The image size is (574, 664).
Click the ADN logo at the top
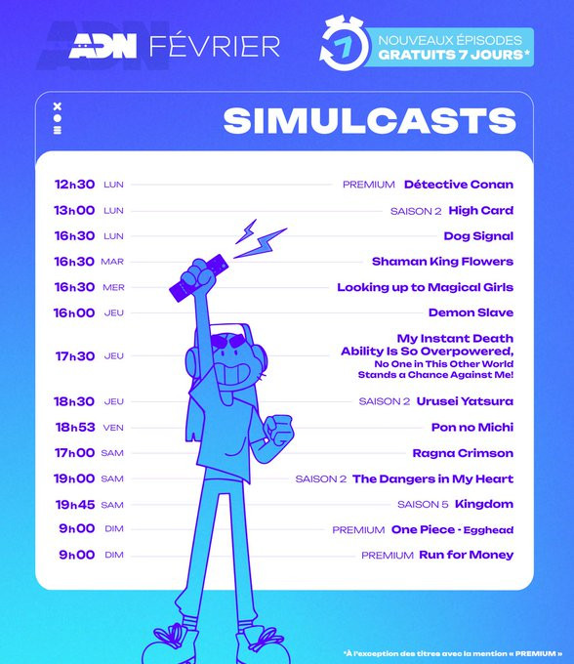click(102, 46)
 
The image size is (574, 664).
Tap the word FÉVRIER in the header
click(215, 46)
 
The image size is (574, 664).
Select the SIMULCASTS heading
click(370, 121)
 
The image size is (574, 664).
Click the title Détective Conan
click(459, 185)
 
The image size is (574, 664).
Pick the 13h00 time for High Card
click(74, 210)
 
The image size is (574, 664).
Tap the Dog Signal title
click(478, 236)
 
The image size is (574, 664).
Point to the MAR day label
click(112, 262)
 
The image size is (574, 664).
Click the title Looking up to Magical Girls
click(425, 287)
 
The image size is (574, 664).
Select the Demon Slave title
click(471, 312)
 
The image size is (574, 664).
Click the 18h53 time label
click(75, 427)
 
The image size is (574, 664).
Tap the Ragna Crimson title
click(463, 453)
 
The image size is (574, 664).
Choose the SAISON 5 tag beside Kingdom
click(423, 505)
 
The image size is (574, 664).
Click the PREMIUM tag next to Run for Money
click(388, 556)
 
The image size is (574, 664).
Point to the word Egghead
click(488, 530)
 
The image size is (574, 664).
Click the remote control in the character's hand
click(198, 278)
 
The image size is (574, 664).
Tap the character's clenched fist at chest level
click(277, 430)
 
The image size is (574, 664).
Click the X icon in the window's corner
click(58, 106)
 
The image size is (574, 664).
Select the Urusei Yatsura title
click(465, 401)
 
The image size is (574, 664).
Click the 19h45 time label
click(75, 505)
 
